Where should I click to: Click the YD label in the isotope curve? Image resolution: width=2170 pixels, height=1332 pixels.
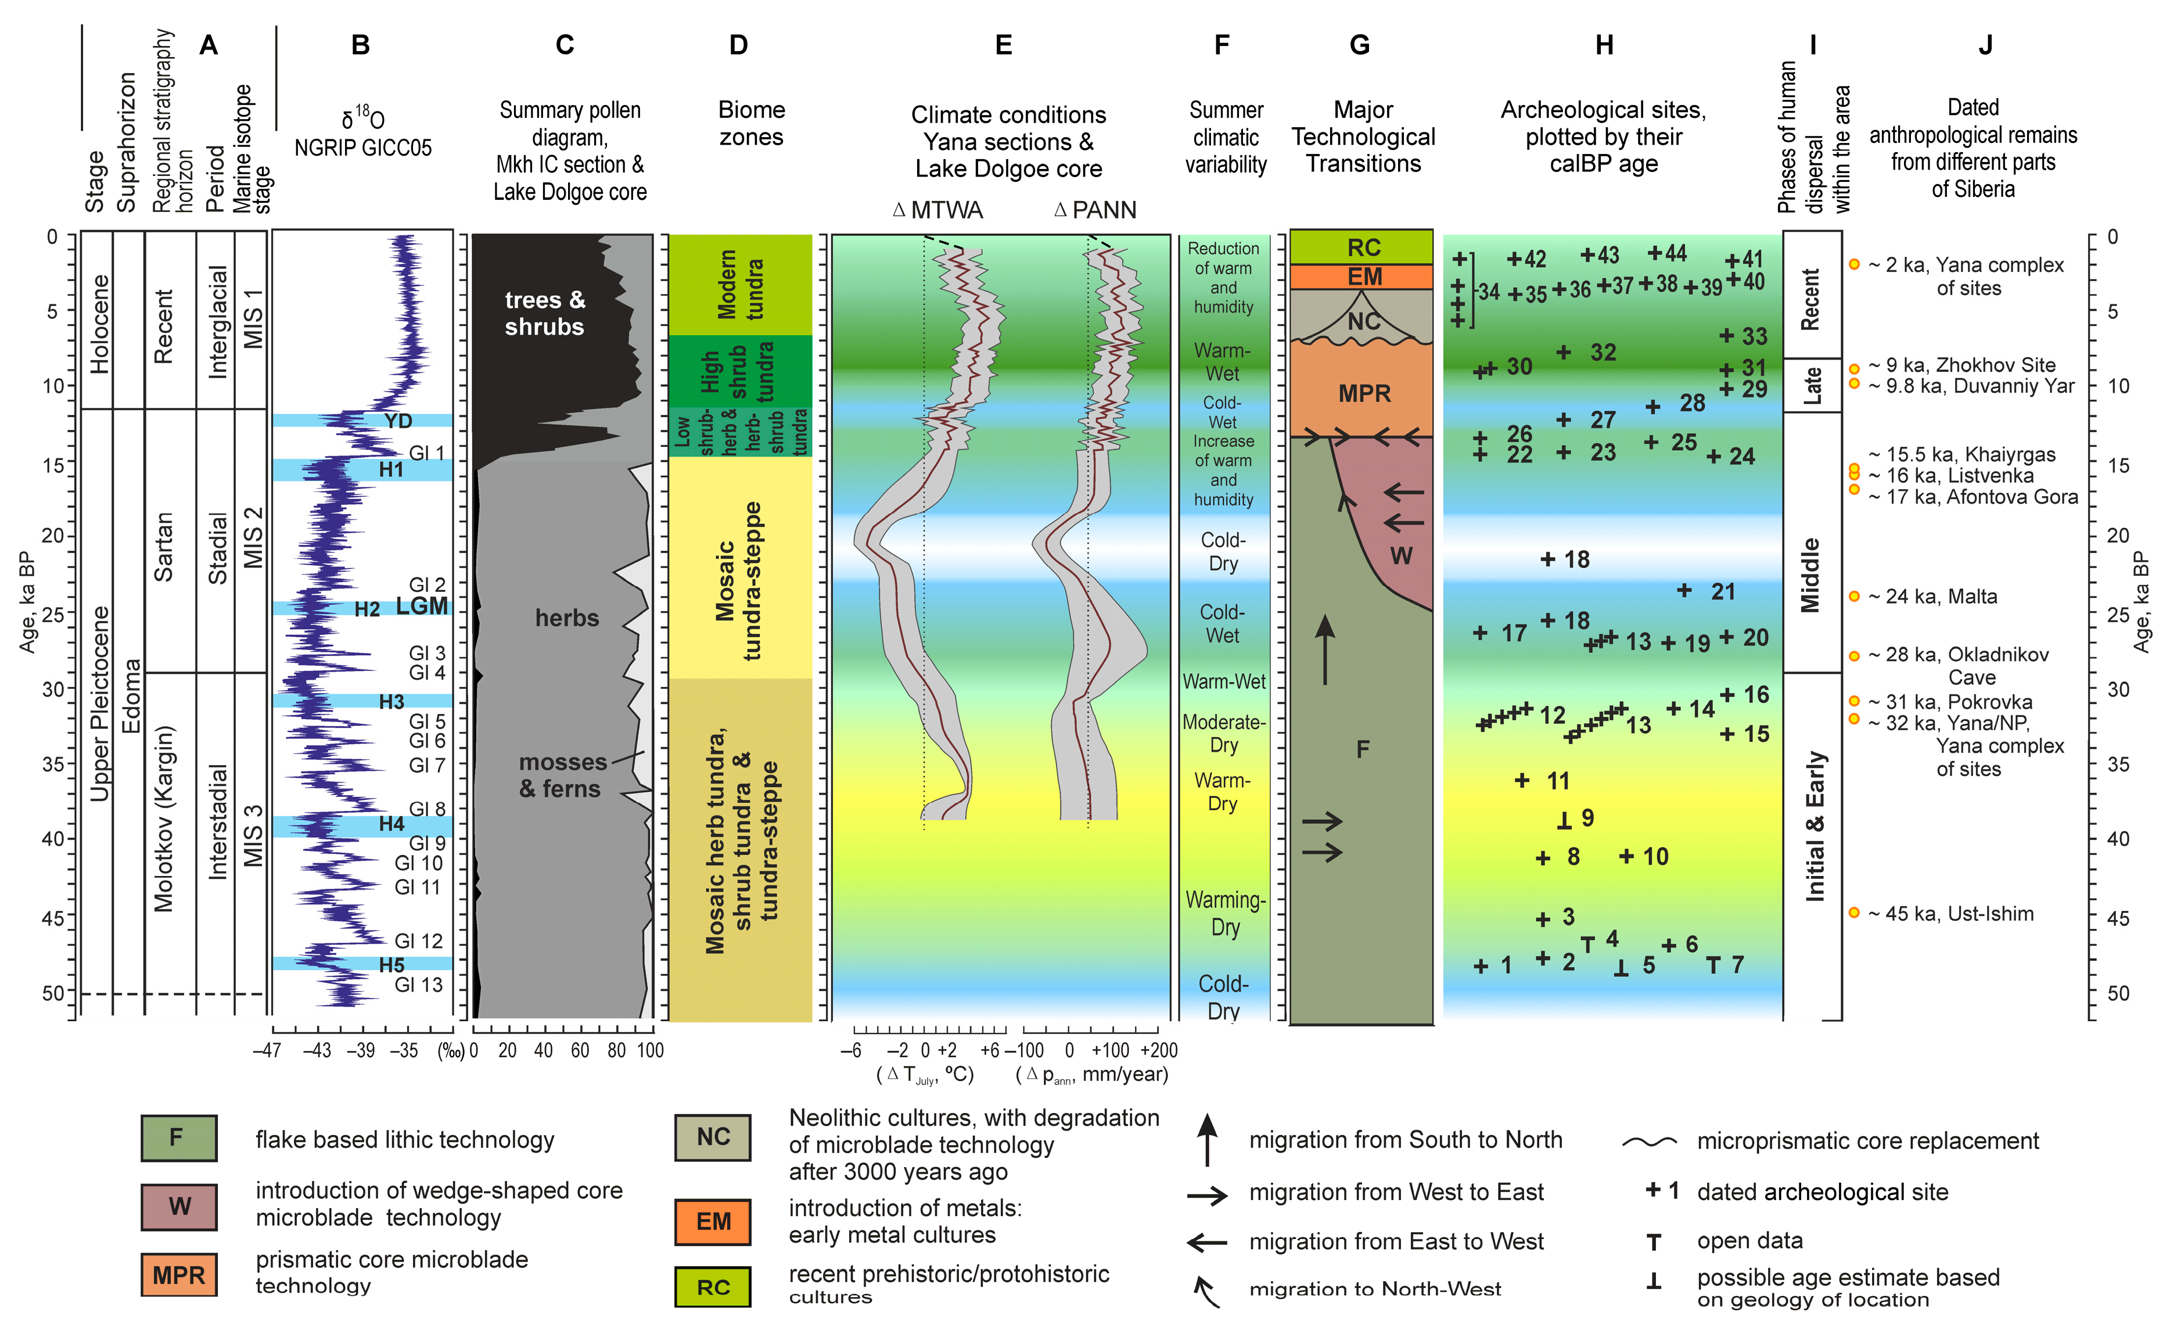(x=398, y=421)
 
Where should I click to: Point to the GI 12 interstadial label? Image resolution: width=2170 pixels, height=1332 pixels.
(x=418, y=941)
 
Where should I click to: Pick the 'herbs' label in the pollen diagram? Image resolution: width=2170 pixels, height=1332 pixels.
(x=566, y=619)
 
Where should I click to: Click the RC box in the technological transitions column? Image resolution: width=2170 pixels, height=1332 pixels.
(x=1363, y=247)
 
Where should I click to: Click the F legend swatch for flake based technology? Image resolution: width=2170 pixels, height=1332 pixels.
(x=178, y=1138)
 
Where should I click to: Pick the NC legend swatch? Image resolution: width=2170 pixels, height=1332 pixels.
(x=713, y=1137)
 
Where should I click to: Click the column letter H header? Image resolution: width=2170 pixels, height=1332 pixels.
(x=1604, y=45)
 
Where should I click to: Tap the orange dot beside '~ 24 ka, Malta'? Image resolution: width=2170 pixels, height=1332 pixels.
(x=1854, y=597)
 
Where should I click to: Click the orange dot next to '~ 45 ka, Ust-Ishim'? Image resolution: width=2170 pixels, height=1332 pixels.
(x=1854, y=913)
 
